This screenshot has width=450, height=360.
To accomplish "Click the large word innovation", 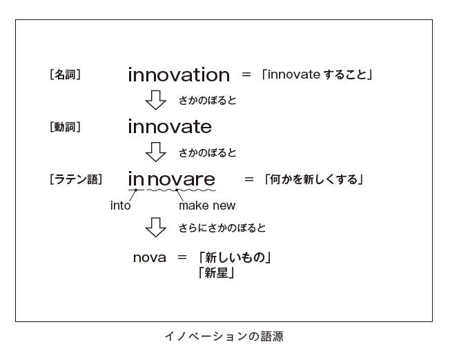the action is [179, 75].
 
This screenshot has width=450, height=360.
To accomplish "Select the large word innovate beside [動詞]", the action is [170, 126].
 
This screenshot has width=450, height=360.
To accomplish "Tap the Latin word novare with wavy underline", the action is [181, 179].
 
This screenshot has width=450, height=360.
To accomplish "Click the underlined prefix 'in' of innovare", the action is [136, 179].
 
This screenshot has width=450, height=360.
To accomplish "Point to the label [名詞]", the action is [65, 75].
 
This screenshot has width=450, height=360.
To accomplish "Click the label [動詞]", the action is [65, 127].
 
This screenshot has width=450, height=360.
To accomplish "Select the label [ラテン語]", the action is [76, 179].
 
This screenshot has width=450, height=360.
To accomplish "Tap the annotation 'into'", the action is [121, 206].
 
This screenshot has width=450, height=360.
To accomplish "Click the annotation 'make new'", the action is [207, 206].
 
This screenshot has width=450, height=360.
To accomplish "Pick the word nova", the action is [150, 257].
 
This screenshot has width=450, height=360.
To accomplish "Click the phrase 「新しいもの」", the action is [235, 257].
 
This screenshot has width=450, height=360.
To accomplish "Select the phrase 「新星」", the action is [217, 272].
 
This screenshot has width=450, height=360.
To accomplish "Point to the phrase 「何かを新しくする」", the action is [313, 179].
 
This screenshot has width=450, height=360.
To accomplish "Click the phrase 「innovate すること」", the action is [317, 74].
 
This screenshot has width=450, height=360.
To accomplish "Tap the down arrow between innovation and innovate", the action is [155, 100].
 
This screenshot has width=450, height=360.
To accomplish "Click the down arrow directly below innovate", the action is [155, 152].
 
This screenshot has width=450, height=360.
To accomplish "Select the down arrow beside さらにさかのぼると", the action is [155, 227].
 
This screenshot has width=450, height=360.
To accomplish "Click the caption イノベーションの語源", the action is [224, 336].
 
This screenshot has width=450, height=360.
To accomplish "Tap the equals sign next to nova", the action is [182, 257].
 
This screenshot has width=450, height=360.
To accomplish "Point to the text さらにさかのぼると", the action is [222, 228].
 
